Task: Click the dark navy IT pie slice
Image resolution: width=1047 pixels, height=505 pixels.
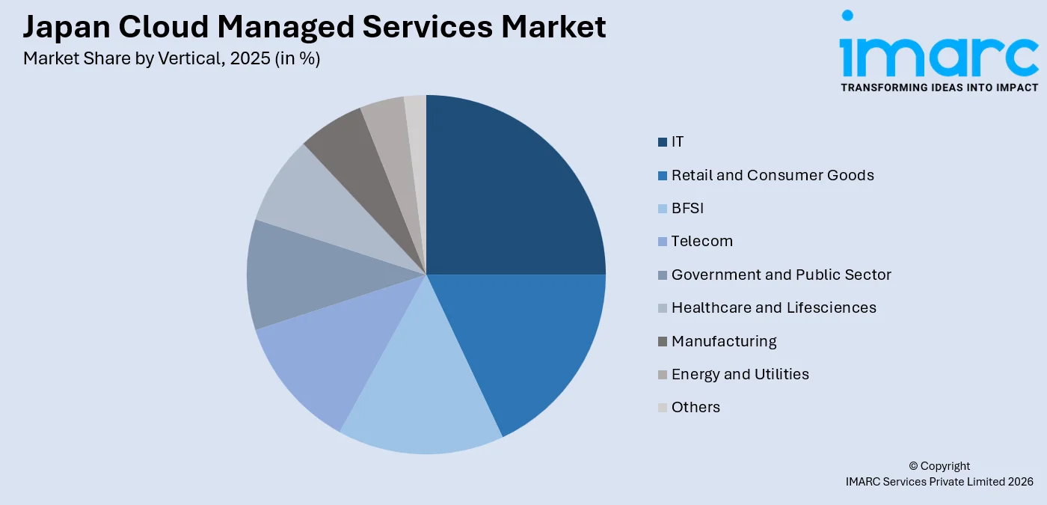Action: click(509, 202)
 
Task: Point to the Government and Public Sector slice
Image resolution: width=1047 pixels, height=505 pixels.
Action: click(299, 277)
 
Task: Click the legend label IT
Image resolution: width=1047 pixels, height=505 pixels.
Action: click(678, 142)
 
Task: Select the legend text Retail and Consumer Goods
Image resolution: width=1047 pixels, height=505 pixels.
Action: click(773, 175)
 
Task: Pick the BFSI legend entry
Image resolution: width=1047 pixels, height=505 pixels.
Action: click(687, 208)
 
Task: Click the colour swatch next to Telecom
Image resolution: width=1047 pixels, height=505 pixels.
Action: click(663, 242)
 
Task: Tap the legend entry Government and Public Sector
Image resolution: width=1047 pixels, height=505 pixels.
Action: click(781, 275)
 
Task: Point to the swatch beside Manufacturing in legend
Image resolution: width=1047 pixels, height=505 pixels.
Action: click(663, 342)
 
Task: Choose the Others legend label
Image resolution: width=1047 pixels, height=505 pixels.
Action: click(696, 408)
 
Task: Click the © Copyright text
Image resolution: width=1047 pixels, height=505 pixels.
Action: click(939, 466)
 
